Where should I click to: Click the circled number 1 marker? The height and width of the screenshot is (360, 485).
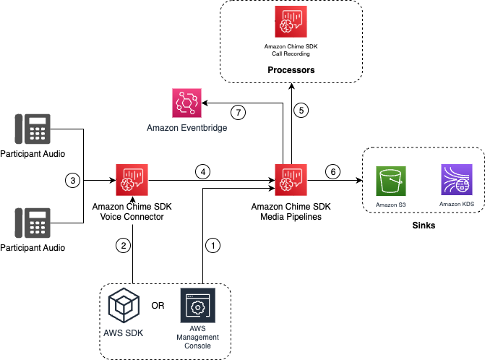212,245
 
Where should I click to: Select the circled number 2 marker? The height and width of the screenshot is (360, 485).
124,245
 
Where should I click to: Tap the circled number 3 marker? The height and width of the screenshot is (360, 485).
71,179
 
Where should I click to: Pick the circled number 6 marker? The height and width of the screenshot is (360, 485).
332,172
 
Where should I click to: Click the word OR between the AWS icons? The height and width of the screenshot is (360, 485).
157,304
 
